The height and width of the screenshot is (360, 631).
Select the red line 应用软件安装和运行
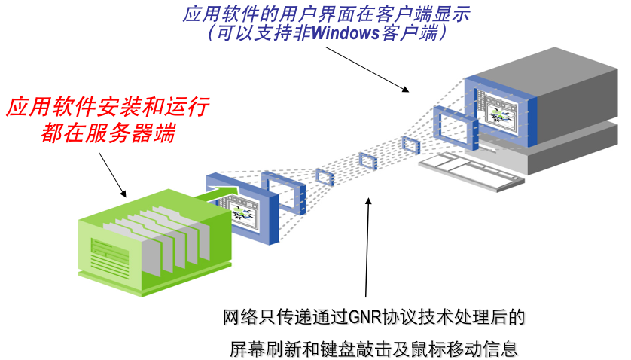108,106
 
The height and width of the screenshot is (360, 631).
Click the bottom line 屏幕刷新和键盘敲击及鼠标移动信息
374,348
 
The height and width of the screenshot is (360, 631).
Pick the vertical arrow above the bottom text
367,249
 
